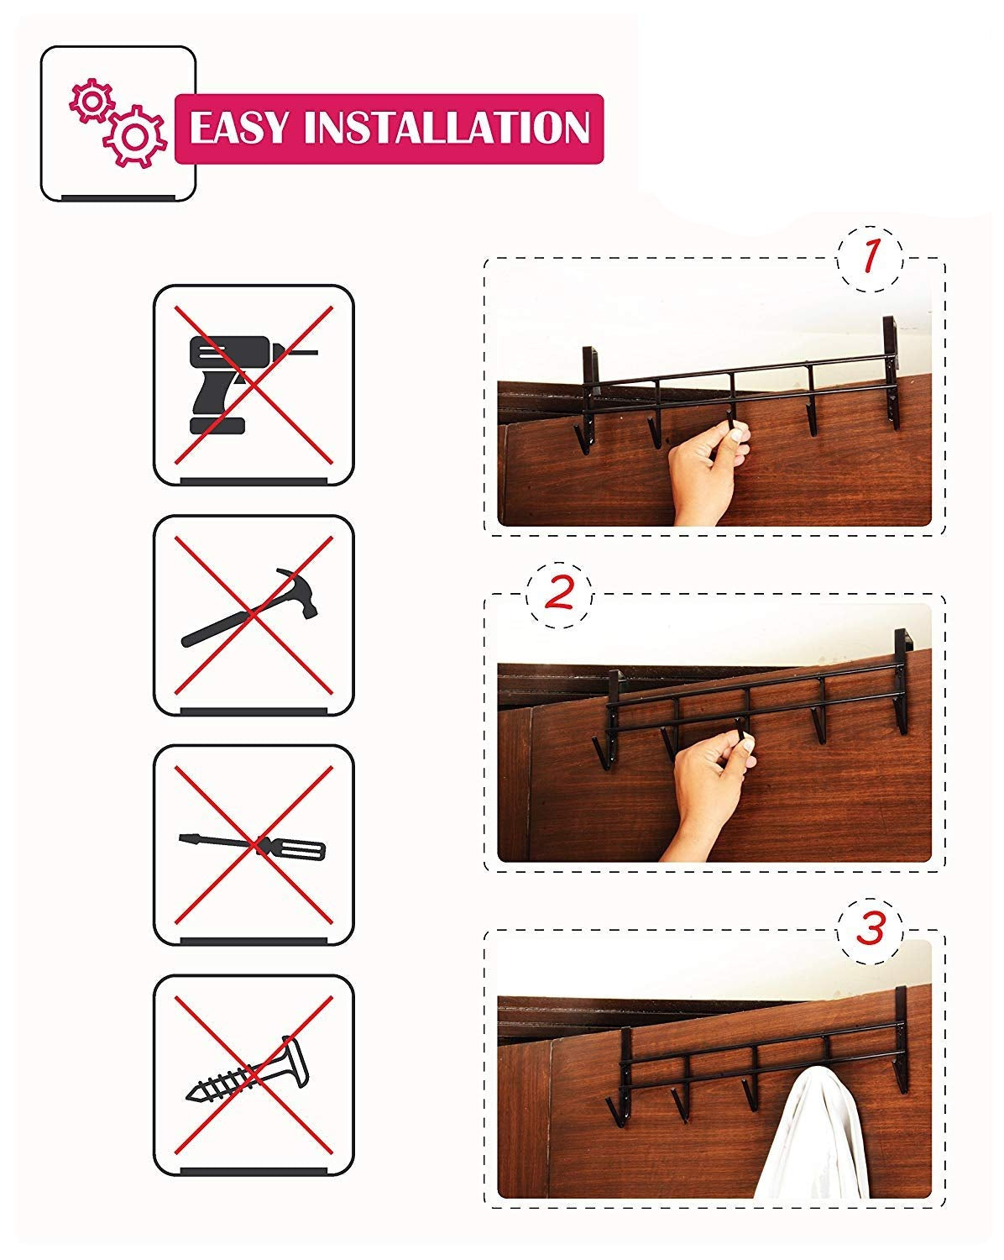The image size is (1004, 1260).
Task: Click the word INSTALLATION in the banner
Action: tap(447, 129)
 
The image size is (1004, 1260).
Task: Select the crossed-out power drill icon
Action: tap(252, 385)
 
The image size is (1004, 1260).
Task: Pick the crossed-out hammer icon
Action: tap(252, 614)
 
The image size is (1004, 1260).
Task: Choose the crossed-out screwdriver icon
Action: tap(252, 845)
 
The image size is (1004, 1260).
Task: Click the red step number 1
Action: tap(871, 257)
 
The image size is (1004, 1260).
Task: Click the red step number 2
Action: tap(559, 594)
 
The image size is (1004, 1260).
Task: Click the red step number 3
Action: tap(871, 930)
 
